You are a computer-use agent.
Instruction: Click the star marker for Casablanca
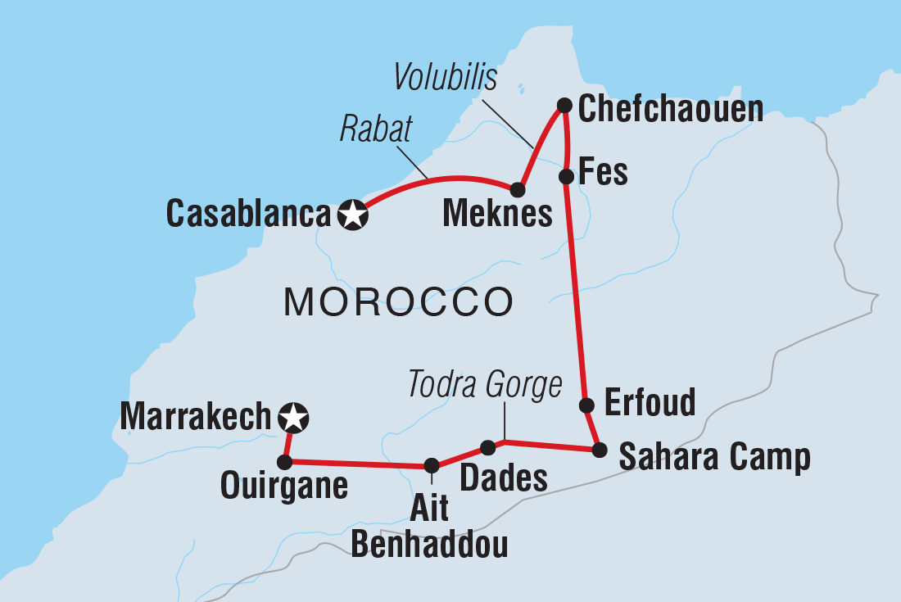coord(352,215)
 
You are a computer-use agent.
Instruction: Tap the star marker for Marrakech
coord(292,419)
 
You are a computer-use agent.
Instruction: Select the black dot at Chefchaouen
coord(564,105)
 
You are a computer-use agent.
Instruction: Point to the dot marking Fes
coord(565,176)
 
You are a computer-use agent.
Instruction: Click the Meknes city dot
coord(517,190)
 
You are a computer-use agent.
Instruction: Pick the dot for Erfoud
coord(586,405)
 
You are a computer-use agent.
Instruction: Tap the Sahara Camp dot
coord(600,449)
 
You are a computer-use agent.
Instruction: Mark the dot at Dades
coord(487,447)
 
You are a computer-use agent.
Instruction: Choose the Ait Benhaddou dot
coord(432,465)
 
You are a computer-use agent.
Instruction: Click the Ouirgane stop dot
coord(284,463)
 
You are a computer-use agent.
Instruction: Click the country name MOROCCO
coord(398,303)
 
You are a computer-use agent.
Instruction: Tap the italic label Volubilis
coord(446,78)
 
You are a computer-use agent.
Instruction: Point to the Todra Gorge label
coord(485,383)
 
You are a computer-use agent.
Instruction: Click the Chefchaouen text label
coord(671,109)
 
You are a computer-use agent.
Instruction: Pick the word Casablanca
coord(247,215)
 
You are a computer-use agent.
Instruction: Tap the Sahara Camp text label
coord(714,458)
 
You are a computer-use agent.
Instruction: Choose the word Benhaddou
coord(430,544)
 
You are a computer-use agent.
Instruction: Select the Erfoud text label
coord(650,402)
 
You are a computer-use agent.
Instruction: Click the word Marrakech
coord(195,417)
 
